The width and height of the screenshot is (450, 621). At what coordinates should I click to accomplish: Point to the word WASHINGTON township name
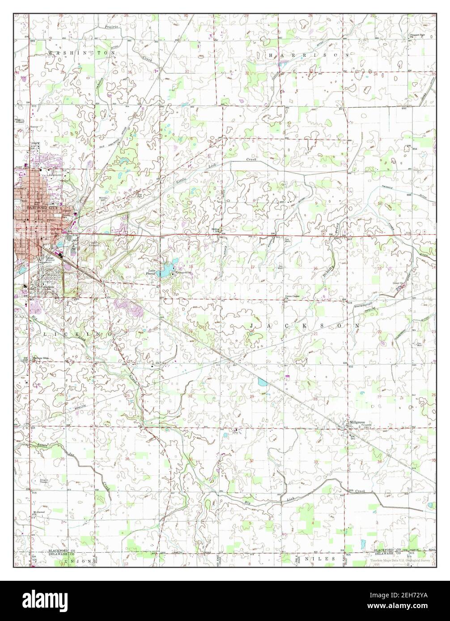(x=81, y=53)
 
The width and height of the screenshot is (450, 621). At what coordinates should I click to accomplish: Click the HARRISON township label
(x=308, y=54)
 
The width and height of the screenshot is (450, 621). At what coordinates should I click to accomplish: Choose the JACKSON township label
(x=304, y=326)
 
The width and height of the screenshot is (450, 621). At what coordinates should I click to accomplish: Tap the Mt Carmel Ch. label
(x=36, y=512)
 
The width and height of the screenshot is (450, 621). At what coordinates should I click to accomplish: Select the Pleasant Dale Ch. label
(x=416, y=37)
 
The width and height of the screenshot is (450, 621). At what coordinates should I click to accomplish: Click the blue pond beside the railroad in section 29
(x=262, y=382)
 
